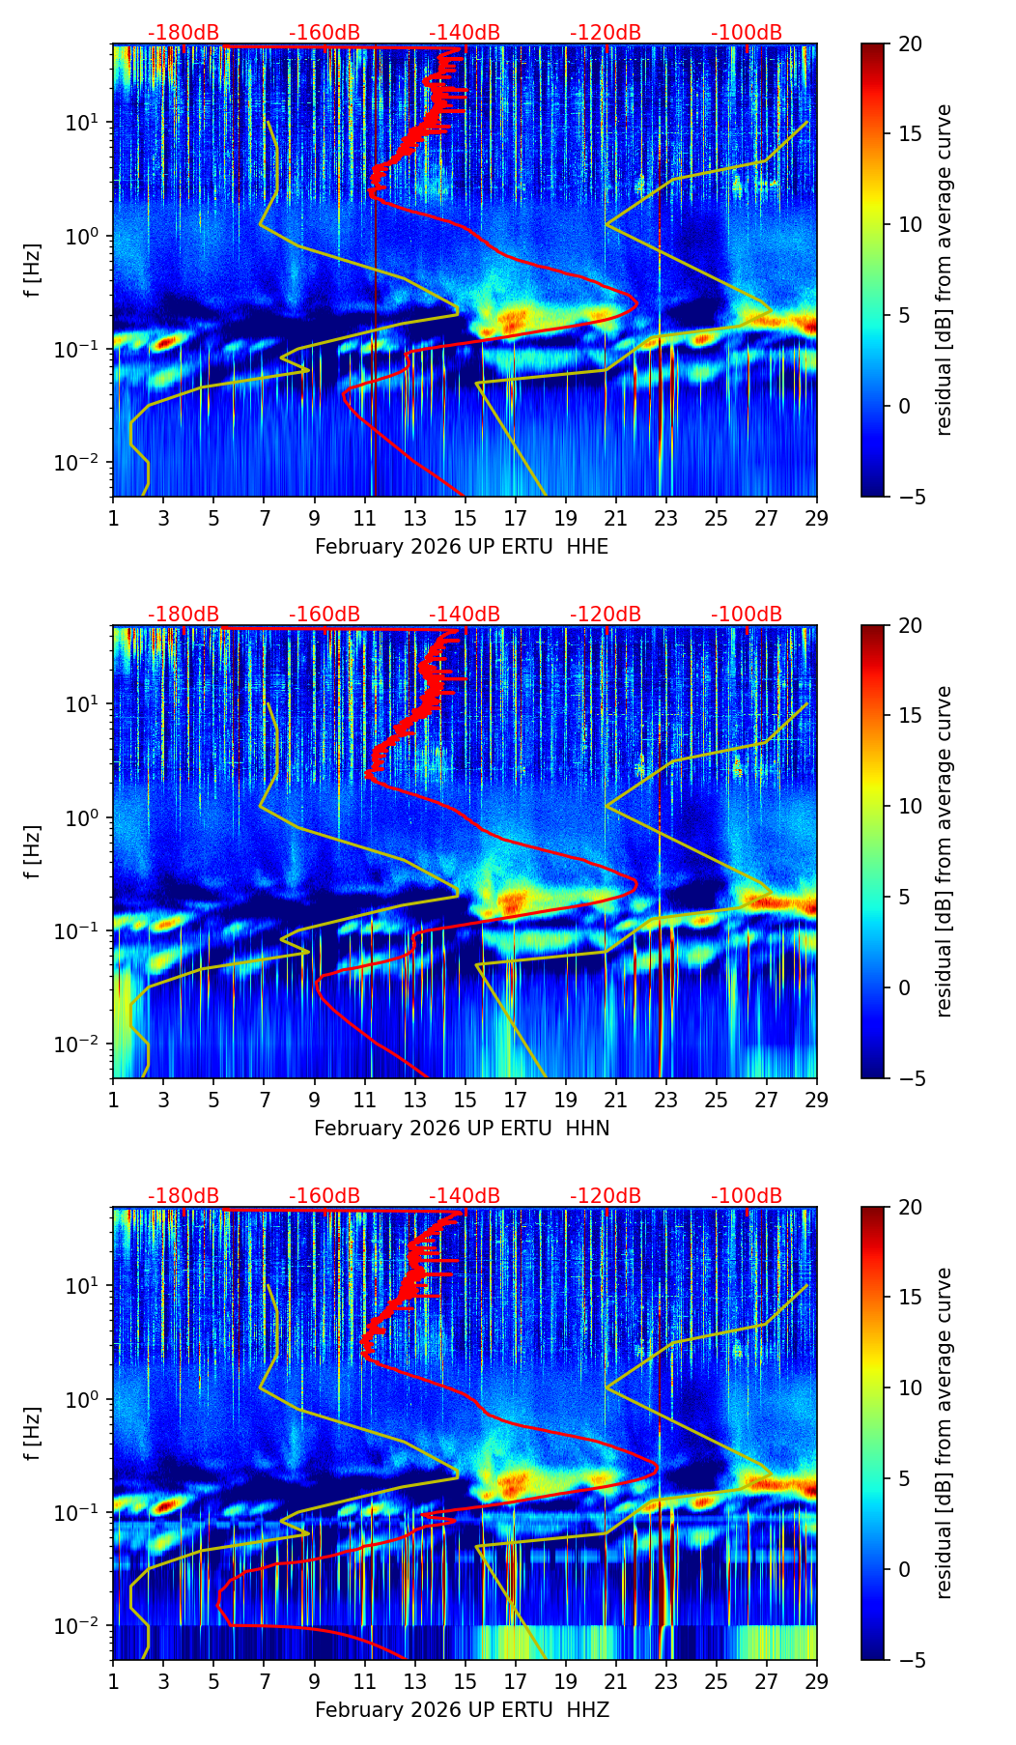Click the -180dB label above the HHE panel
pyautogui.click(x=183, y=33)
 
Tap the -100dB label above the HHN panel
pyautogui.click(x=747, y=615)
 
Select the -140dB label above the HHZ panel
pyautogui.click(x=465, y=1196)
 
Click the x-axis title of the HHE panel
pyautogui.click(x=462, y=547)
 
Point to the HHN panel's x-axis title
pyautogui.click(x=462, y=1129)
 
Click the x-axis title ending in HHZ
pyautogui.click(x=462, y=1710)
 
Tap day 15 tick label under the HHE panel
pyautogui.click(x=466, y=518)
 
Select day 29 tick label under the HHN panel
pyautogui.click(x=816, y=1100)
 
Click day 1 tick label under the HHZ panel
pyautogui.click(x=114, y=1681)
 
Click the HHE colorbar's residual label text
pyautogui.click(x=944, y=270)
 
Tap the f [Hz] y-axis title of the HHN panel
pyautogui.click(x=33, y=851)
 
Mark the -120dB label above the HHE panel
pyautogui.click(x=606, y=33)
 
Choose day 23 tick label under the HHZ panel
pyautogui.click(x=666, y=1681)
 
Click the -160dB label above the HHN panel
pyautogui.click(x=325, y=615)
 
